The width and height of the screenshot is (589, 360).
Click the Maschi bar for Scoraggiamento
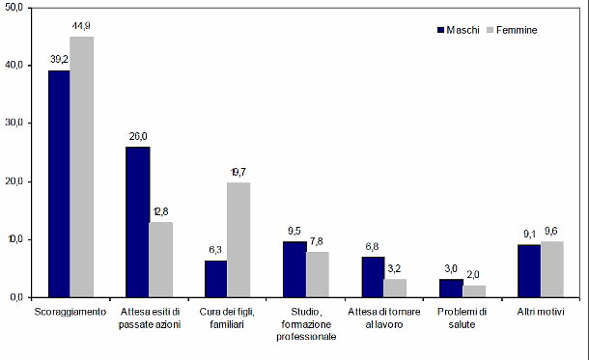tap(60, 183)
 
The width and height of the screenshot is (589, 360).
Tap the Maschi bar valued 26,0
tap(137, 222)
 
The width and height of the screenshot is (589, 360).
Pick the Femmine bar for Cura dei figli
tap(238, 239)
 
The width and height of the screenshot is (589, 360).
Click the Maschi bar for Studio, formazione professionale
tap(294, 269)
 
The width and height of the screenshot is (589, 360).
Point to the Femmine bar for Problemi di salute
tap(473, 291)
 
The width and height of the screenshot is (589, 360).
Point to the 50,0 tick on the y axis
tap(16, 7)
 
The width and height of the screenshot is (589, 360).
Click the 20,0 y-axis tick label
tap(16, 181)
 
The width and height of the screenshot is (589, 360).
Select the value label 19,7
tap(239, 173)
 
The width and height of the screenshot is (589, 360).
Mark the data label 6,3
tap(215, 250)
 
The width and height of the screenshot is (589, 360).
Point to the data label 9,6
tap(551, 231)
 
